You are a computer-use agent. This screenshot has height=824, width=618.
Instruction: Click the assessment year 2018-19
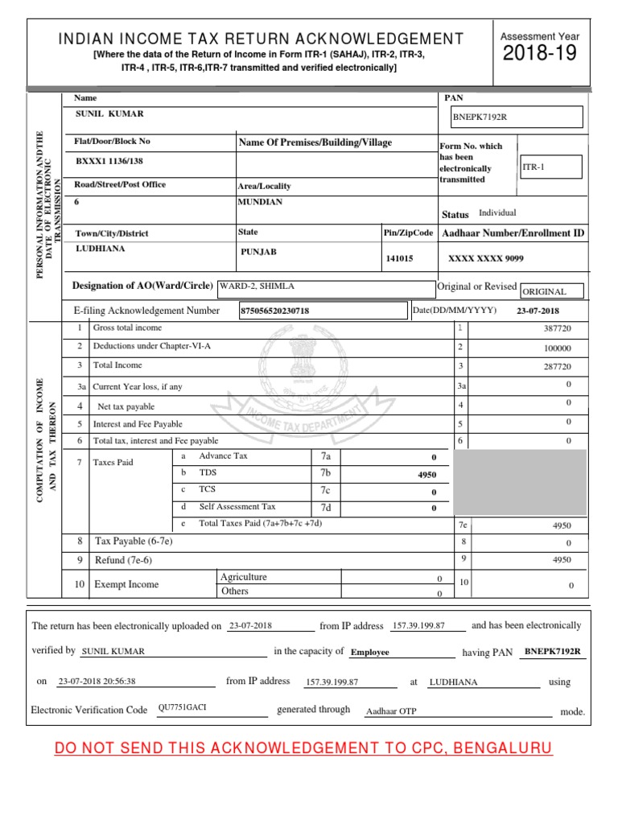click(x=539, y=56)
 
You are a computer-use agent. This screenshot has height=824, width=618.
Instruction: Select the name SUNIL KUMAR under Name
click(x=109, y=114)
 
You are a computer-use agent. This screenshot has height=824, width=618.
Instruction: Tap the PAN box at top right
click(x=516, y=117)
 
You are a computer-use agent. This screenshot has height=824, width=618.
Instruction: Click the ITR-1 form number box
click(x=550, y=167)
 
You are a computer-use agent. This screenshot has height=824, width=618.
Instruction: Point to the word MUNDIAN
click(x=260, y=202)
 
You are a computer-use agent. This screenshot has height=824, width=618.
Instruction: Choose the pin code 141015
click(x=400, y=259)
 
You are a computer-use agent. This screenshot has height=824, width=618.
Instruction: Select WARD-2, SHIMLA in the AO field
click(x=251, y=286)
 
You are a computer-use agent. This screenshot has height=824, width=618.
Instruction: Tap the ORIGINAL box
click(x=552, y=291)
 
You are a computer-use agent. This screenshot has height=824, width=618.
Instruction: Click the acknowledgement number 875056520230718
click(x=275, y=311)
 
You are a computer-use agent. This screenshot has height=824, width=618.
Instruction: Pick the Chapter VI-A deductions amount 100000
click(x=557, y=348)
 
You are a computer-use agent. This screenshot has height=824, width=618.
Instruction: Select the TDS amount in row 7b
click(x=426, y=475)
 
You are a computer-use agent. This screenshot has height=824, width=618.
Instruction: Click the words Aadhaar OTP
click(x=391, y=711)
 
